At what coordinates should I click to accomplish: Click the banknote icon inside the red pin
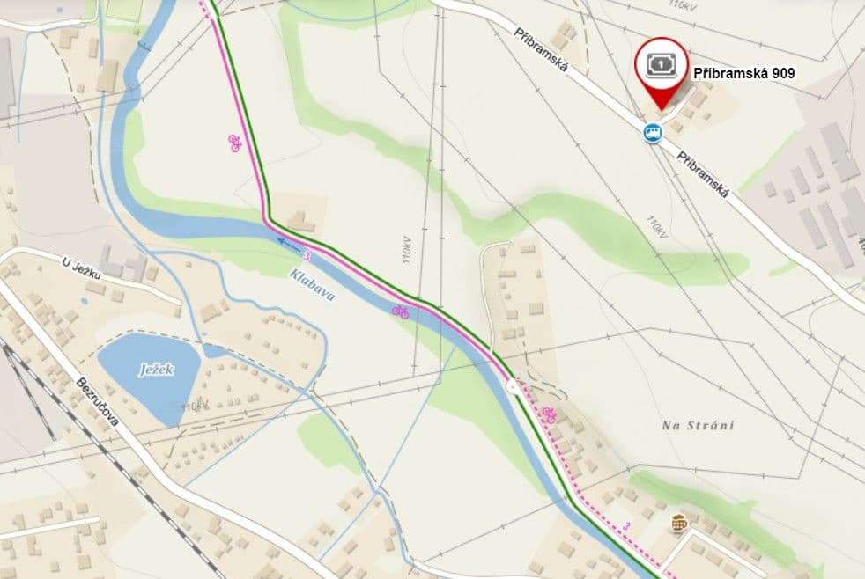661,65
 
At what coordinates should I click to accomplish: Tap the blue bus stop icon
652,133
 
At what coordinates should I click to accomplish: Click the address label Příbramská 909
743,74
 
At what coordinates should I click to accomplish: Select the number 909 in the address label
780,74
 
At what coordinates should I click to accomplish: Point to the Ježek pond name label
156,370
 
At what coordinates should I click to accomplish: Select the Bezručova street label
98,404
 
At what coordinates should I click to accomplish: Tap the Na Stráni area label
698,425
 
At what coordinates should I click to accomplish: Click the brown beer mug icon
678,523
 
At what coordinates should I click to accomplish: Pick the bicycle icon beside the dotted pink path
550,414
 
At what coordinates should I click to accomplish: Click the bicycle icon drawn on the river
401,310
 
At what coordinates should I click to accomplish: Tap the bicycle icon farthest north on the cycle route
235,143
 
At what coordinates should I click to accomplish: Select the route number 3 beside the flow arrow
307,256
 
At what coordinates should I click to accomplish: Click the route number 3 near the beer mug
626,525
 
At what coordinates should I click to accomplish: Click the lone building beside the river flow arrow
301,220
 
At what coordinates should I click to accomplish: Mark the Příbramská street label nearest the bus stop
704,173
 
